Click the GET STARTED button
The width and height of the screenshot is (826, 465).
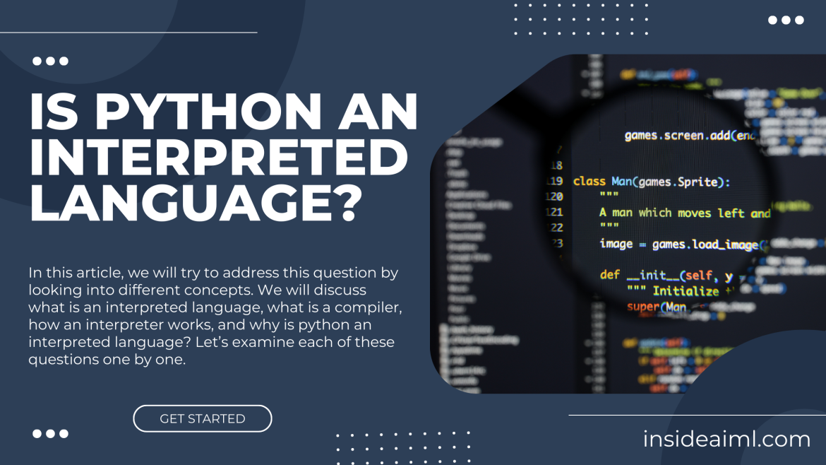[203, 418]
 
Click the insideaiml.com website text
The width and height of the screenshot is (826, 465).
[726, 440]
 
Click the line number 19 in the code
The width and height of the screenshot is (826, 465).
[555, 182]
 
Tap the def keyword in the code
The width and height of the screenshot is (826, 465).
[609, 274]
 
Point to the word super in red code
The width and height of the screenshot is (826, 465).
[643, 307]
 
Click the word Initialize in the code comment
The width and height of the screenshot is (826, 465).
[685, 290]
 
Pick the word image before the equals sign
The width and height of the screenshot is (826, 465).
[616, 244]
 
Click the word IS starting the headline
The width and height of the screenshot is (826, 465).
[54, 113]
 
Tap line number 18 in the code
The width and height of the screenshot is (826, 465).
[556, 165]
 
